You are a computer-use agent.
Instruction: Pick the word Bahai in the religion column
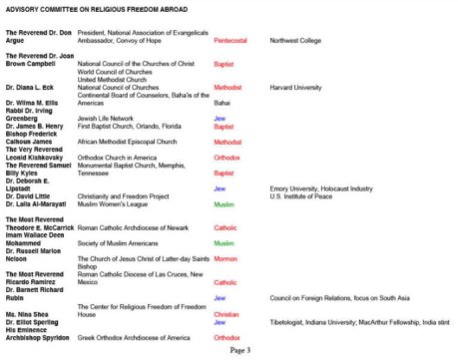[x=223, y=102]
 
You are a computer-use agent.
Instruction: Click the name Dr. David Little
[x=33, y=195]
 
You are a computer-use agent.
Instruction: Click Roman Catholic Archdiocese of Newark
[x=141, y=227]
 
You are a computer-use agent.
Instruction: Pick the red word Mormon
[x=226, y=258]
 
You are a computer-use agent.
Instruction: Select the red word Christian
[x=227, y=313]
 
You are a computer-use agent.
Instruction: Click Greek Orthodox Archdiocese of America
[x=141, y=337]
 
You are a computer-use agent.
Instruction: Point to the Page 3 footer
[x=240, y=350]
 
